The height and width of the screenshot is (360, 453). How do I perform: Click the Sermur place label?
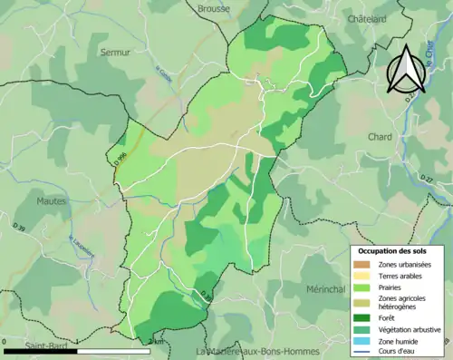[116, 52]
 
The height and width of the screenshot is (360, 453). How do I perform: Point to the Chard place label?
[381, 137]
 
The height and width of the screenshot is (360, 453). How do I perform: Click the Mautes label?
[53, 200]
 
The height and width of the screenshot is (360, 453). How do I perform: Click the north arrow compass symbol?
[406, 65]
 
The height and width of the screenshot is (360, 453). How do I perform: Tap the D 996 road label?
[120, 158]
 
